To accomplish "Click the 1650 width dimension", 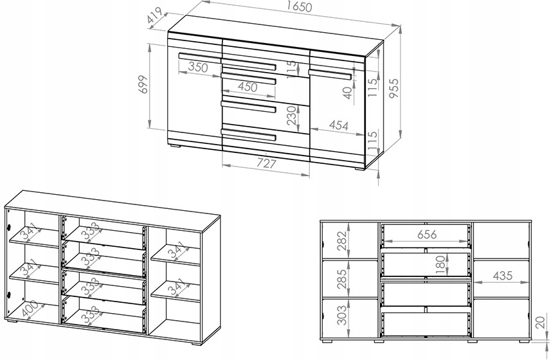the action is (300, 6).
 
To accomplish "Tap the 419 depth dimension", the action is (155, 15).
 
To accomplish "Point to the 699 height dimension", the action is (143, 84).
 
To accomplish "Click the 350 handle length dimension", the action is (198, 67).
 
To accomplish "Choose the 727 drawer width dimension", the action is (266, 163).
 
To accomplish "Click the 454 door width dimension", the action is (338, 125).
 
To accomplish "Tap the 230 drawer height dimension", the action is (292, 116).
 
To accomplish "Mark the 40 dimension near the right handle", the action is (348, 93).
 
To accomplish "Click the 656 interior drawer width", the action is (427, 234).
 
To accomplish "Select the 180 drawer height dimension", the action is (441, 265).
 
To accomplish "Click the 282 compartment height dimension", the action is (341, 241).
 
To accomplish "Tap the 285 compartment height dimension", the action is (341, 279).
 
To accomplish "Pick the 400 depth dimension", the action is (29, 309).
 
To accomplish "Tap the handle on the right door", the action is (330, 75).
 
